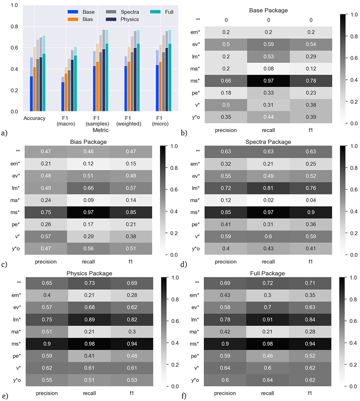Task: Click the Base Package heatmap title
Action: click(x=268, y=10)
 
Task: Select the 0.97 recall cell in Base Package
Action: click(x=269, y=81)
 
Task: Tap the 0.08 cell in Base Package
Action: click(x=269, y=69)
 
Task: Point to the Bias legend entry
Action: click(x=80, y=19)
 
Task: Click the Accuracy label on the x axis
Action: click(x=35, y=118)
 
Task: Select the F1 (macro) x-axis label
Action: click(x=66, y=121)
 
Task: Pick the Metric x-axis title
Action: click(x=100, y=130)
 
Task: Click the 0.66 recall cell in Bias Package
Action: click(x=89, y=188)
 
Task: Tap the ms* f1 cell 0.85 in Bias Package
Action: click(x=131, y=212)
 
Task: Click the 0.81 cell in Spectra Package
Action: click(x=268, y=188)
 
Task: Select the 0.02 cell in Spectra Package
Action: click(x=268, y=200)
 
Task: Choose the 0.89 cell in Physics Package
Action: click(x=89, y=320)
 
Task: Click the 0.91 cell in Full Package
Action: click(x=267, y=320)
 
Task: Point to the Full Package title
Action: click(x=267, y=273)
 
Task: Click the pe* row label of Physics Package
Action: click(x=17, y=356)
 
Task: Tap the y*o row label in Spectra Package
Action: click(x=196, y=249)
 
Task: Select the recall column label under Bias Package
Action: click(x=89, y=262)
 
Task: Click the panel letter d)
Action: click(x=184, y=264)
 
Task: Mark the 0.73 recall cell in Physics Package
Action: click(x=89, y=283)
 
